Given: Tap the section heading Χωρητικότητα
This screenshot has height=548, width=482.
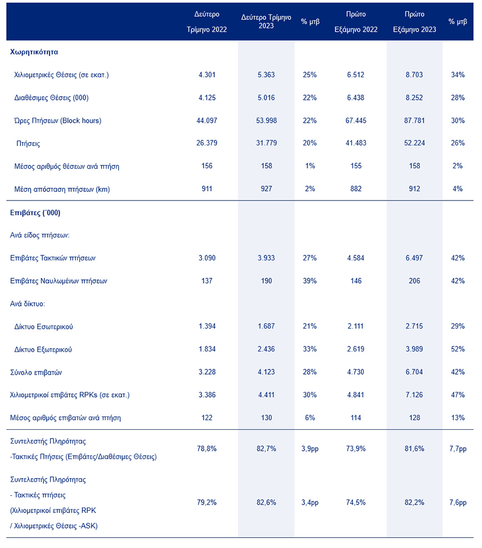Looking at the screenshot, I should tap(34, 52).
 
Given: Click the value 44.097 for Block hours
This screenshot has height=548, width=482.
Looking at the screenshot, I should tap(207, 121).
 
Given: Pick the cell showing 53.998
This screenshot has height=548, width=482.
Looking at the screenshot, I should tap(266, 121).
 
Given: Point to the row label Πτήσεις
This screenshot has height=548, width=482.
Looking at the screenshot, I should tap(29, 144).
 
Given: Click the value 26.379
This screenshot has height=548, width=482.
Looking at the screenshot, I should tap(207, 144).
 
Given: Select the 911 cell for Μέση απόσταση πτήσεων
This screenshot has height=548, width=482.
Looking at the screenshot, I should tap(207, 189).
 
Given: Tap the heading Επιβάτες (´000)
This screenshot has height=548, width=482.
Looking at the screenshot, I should tap(36, 213).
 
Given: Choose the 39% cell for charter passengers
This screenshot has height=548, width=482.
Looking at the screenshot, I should tap(309, 281).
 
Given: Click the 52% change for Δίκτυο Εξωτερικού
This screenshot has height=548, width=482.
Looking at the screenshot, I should tap(458, 349).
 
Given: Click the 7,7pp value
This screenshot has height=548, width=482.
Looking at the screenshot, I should tap(458, 448).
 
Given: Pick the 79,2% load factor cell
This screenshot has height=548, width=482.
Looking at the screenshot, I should tap(207, 502).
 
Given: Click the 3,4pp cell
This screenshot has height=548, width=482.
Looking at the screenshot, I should tap(309, 502).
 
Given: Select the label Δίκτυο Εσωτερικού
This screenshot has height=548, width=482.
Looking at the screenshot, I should tap(43, 326).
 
